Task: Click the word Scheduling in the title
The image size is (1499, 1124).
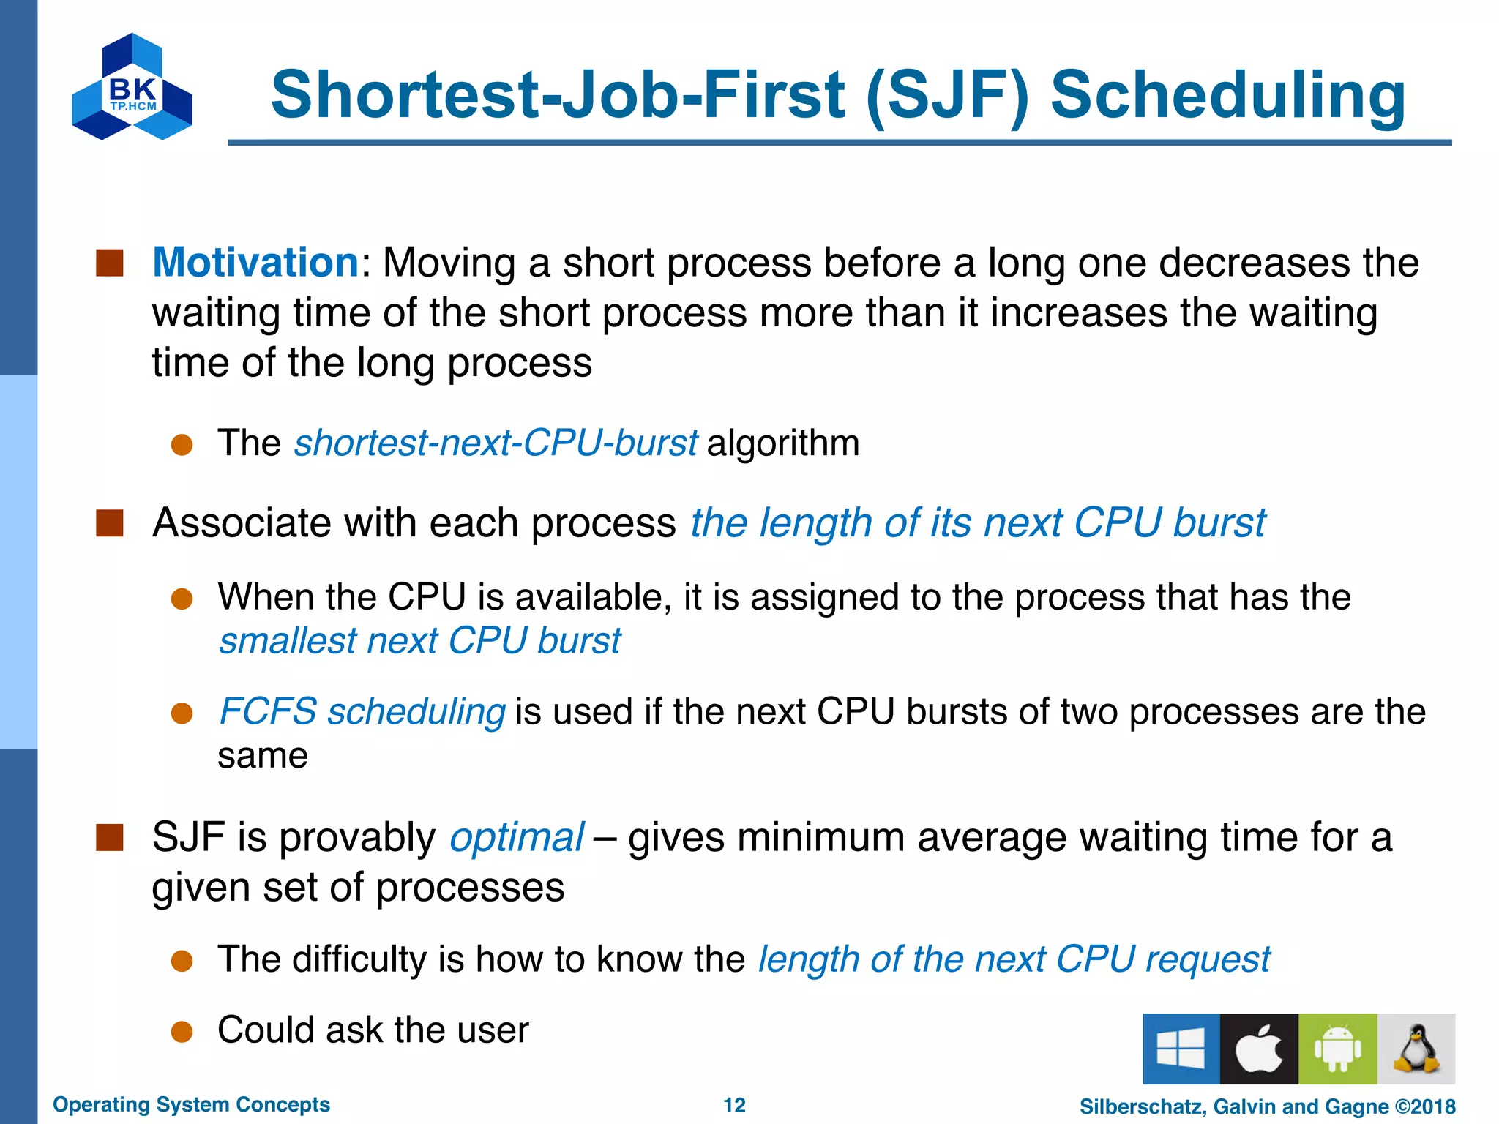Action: [x=1227, y=95]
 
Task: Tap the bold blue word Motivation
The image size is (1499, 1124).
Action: [x=255, y=262]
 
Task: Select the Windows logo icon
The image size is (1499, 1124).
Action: [x=1181, y=1048]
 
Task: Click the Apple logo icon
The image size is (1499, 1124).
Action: [x=1259, y=1048]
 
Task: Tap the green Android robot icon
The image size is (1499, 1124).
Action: [x=1337, y=1048]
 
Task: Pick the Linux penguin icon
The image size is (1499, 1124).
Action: [x=1416, y=1048]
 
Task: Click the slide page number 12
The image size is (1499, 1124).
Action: [x=734, y=1105]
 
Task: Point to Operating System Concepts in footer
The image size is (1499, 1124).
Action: [x=191, y=1104]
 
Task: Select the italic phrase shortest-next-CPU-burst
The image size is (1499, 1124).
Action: [x=496, y=443]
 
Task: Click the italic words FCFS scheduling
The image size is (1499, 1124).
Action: [x=362, y=711]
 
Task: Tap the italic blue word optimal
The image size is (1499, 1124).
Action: [x=517, y=837]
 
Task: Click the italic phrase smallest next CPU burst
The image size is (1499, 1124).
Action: [x=419, y=641]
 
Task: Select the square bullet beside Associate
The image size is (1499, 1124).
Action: [x=110, y=523]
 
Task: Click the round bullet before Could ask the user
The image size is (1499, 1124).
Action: [x=182, y=1031]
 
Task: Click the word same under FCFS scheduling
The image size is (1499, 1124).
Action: [x=262, y=756]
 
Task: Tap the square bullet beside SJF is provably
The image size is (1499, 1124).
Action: [x=110, y=837]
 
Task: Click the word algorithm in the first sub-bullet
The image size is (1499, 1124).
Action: [x=783, y=443]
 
